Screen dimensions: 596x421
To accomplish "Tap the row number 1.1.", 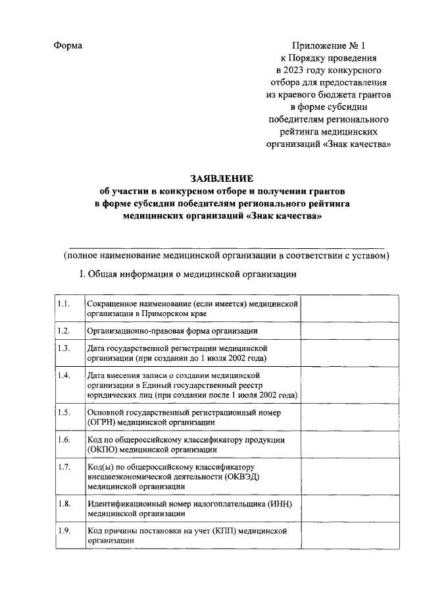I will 64,304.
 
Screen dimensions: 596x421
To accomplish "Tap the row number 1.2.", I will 64,331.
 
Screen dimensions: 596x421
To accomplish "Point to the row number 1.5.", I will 64,412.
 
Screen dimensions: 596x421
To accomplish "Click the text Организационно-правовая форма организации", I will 172,331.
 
